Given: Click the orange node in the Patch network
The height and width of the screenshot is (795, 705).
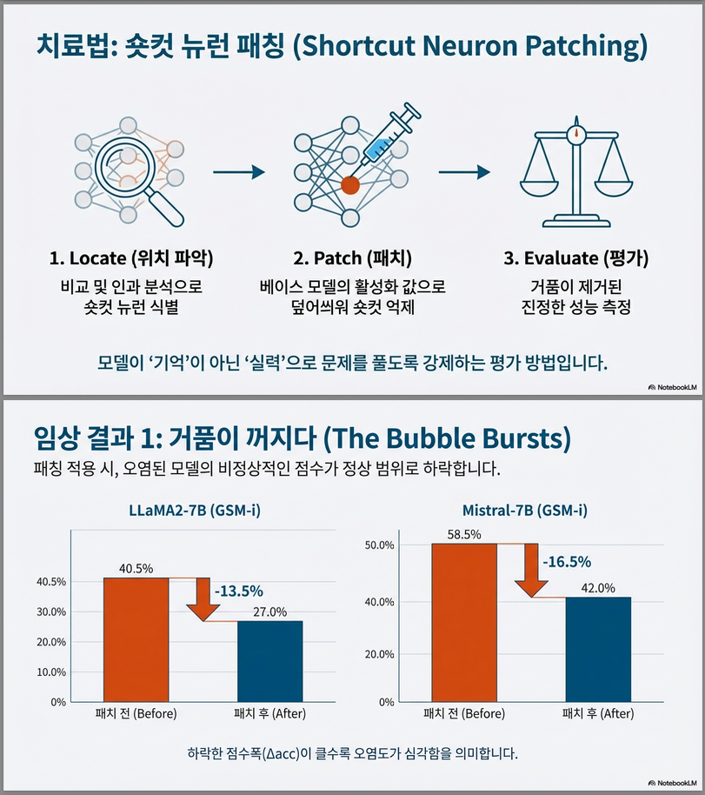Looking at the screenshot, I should [350, 184].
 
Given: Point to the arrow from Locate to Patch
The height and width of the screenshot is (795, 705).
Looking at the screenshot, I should [238, 172].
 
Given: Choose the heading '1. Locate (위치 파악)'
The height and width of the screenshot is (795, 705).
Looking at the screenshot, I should [131, 258].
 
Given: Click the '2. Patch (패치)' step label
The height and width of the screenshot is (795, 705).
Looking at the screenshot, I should [352, 258].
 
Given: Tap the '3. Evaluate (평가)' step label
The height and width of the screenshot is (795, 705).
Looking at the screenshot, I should [575, 258].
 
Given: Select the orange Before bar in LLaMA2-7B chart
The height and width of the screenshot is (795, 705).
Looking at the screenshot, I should [136, 639].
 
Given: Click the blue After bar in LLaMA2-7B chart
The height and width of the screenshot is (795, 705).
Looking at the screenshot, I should [269, 661].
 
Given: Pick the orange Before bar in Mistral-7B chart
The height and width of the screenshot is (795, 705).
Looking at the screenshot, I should [464, 622].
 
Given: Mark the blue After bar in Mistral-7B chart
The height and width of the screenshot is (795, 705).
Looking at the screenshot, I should [597, 649].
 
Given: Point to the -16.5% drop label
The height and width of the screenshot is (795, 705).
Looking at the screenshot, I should [567, 562].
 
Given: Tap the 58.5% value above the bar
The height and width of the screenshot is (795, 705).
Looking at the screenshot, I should [465, 535].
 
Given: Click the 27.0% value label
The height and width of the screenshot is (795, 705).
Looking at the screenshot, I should [269, 611].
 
